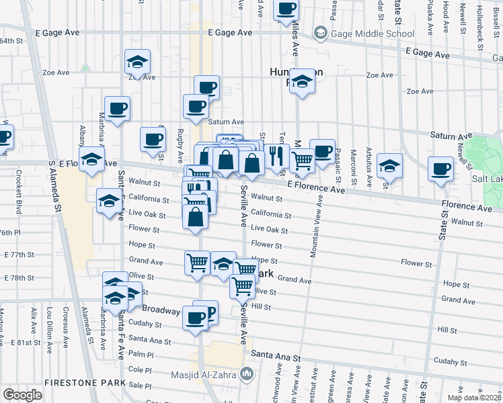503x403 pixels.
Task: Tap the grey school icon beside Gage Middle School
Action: tap(320, 33)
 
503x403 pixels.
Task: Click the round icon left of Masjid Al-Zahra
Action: tap(249, 373)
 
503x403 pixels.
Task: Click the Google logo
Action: tap(22, 395)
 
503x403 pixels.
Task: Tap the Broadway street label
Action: tap(161, 311)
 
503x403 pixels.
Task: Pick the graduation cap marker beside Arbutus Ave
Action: tap(389, 165)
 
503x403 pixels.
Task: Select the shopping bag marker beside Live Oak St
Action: tap(195, 218)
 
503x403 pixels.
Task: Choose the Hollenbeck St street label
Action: tap(479, 17)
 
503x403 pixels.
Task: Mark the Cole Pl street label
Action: tap(141, 369)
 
